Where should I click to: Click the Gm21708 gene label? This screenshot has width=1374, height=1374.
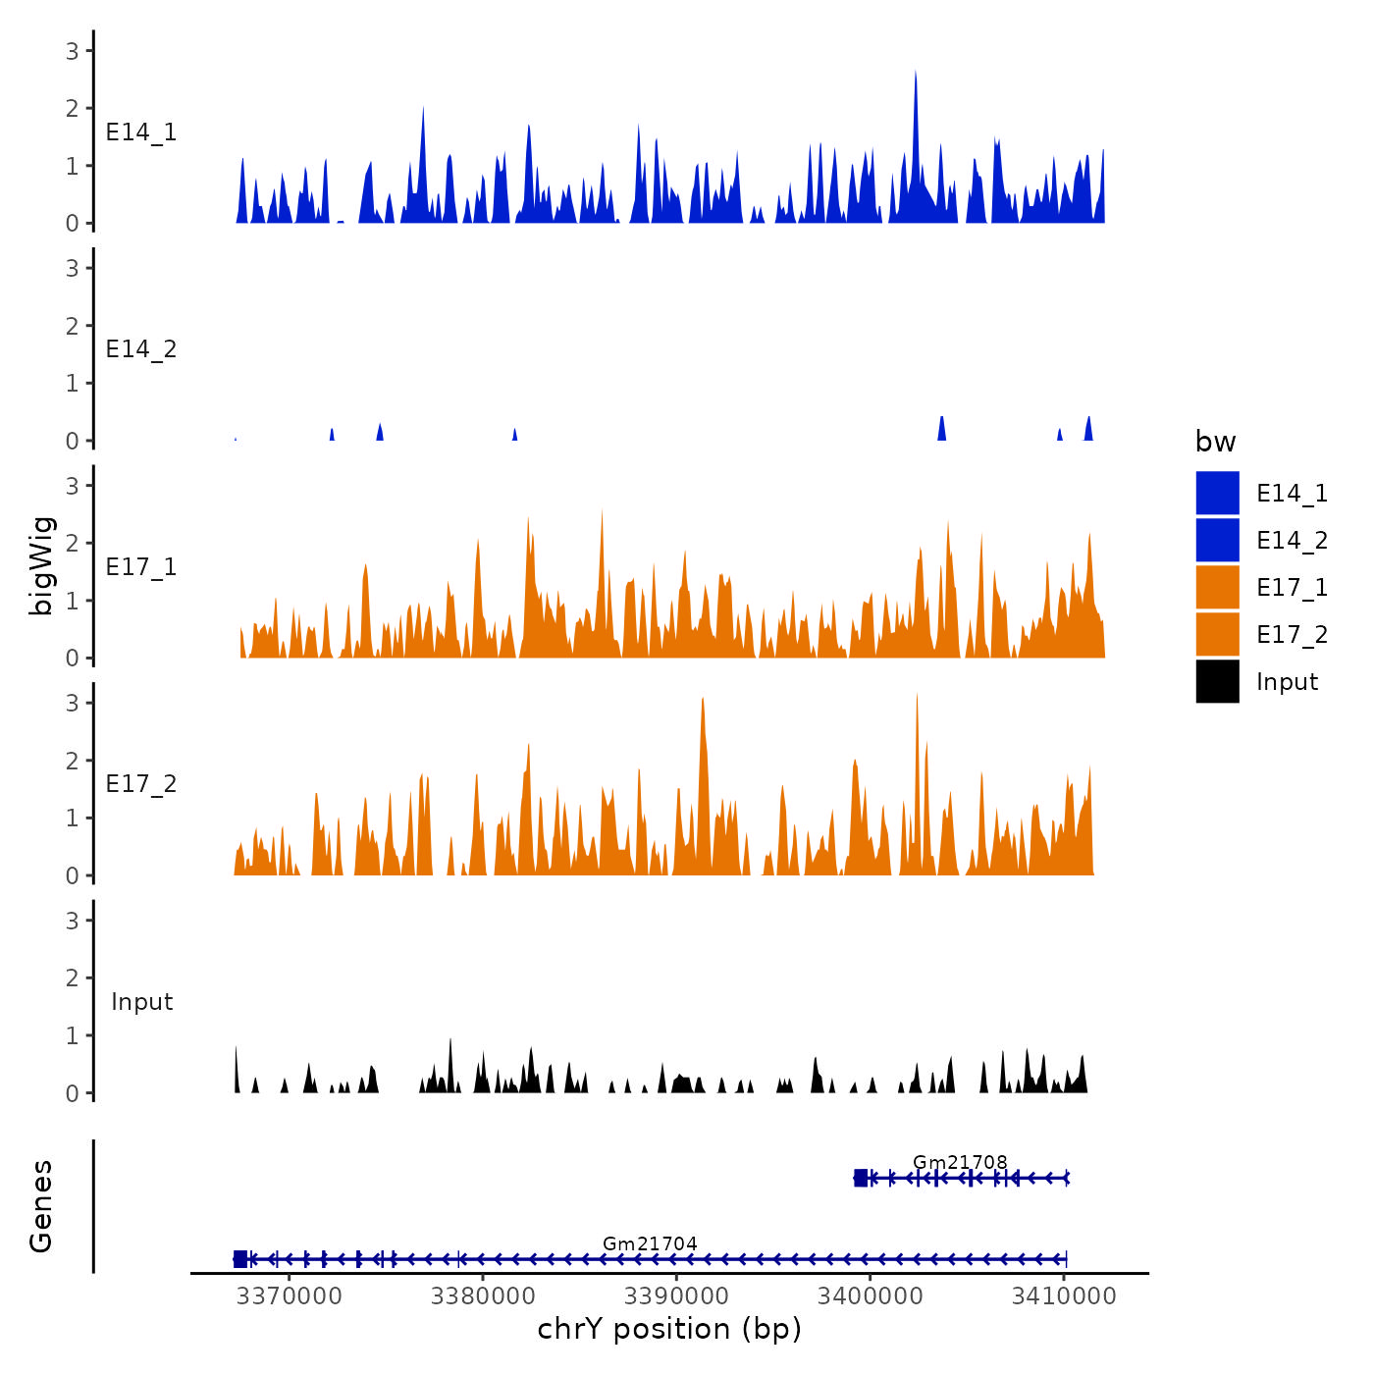pos(960,1162)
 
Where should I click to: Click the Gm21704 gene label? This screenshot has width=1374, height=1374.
pos(650,1243)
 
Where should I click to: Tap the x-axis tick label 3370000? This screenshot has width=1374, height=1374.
pos(290,1296)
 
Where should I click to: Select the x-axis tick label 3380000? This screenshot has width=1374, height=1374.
pos(483,1296)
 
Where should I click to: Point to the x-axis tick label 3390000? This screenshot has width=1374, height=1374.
pos(676,1296)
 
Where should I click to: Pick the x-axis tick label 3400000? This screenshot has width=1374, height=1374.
pos(870,1296)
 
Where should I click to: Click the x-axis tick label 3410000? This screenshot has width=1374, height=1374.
pos(1064,1296)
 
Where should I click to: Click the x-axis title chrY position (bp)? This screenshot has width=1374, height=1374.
pos(669,1330)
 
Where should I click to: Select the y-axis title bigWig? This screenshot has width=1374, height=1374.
pos(42,566)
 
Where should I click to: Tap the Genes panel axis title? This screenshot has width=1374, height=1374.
pos(41,1206)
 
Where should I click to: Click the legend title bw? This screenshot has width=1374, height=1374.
pos(1215,442)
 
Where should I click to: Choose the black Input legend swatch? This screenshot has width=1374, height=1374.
pos(1217,681)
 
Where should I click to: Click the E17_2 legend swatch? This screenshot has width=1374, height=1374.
pos(1217,634)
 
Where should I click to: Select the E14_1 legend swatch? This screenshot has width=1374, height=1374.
pos(1217,493)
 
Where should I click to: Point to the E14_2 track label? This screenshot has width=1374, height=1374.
pos(141,349)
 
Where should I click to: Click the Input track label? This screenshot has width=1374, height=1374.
pos(141,1002)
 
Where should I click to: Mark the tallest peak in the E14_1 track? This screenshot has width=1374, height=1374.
pos(916,73)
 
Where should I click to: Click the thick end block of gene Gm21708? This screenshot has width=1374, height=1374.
pos(861,1178)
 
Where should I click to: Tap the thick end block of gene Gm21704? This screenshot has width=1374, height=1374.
pos(240,1259)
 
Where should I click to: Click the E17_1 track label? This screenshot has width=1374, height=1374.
pos(141,567)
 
